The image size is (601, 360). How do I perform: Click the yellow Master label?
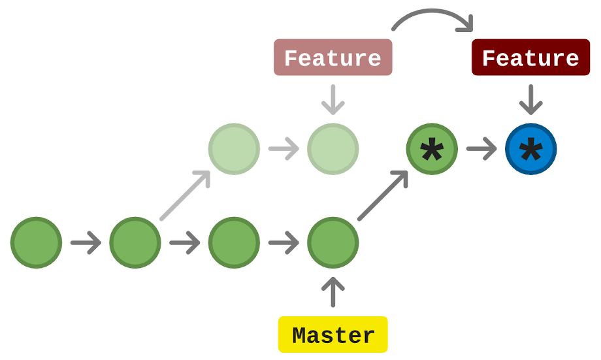point(333,335)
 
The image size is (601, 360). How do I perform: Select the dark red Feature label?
point(530,57)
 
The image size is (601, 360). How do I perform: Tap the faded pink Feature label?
point(333,57)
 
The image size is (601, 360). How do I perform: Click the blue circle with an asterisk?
point(530,150)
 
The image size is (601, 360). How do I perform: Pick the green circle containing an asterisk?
point(431,150)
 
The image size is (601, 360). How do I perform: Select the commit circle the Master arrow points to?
point(333,243)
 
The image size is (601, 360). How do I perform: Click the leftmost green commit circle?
point(37,243)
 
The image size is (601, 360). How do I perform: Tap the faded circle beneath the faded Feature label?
point(333,150)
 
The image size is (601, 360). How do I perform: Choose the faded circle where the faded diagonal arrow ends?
point(234,150)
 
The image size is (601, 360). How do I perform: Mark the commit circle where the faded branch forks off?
point(135,243)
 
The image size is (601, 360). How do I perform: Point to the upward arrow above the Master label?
point(333,291)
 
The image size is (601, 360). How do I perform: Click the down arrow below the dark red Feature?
point(530,99)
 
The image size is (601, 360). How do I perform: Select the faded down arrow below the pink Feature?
point(333,99)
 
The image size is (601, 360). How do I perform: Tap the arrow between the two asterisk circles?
point(481,150)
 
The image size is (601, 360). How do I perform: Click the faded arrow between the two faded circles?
point(283,150)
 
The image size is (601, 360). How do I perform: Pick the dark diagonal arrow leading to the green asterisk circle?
point(383,195)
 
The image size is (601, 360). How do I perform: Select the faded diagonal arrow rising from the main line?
point(186,195)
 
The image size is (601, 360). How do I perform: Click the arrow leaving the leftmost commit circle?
point(86,244)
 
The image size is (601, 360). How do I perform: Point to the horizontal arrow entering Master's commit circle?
point(283,244)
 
